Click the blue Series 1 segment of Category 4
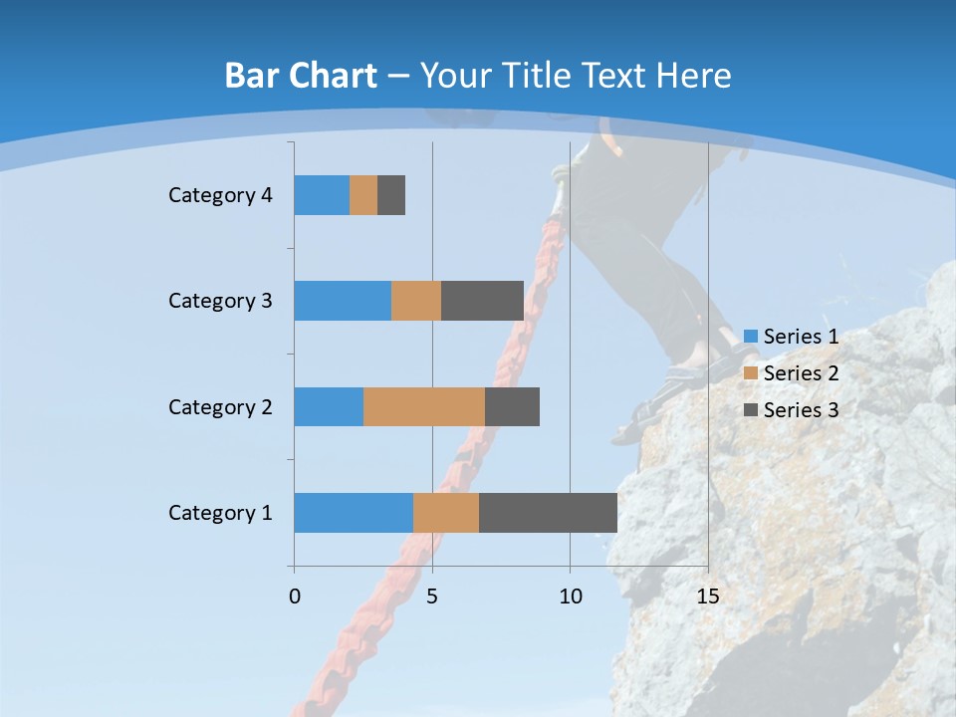pos(322,195)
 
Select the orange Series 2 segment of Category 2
pos(424,406)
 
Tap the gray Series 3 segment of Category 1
pos(548,513)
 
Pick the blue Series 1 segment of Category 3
pos(343,301)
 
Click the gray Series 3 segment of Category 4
pos(391,195)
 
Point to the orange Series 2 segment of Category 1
pos(446,513)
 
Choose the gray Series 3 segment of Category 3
pos(482,301)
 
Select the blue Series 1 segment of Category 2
pos(329,406)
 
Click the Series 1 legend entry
pos(792,337)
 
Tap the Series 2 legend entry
pos(792,373)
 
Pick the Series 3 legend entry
pos(792,409)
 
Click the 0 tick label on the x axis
pos(295,597)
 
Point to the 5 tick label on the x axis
pos(432,597)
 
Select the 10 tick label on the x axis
pos(570,597)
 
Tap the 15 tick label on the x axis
pos(707,597)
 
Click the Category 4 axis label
pos(220,195)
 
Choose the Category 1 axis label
pos(220,513)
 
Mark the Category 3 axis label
pos(220,301)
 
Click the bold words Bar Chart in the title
pos(301,76)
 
